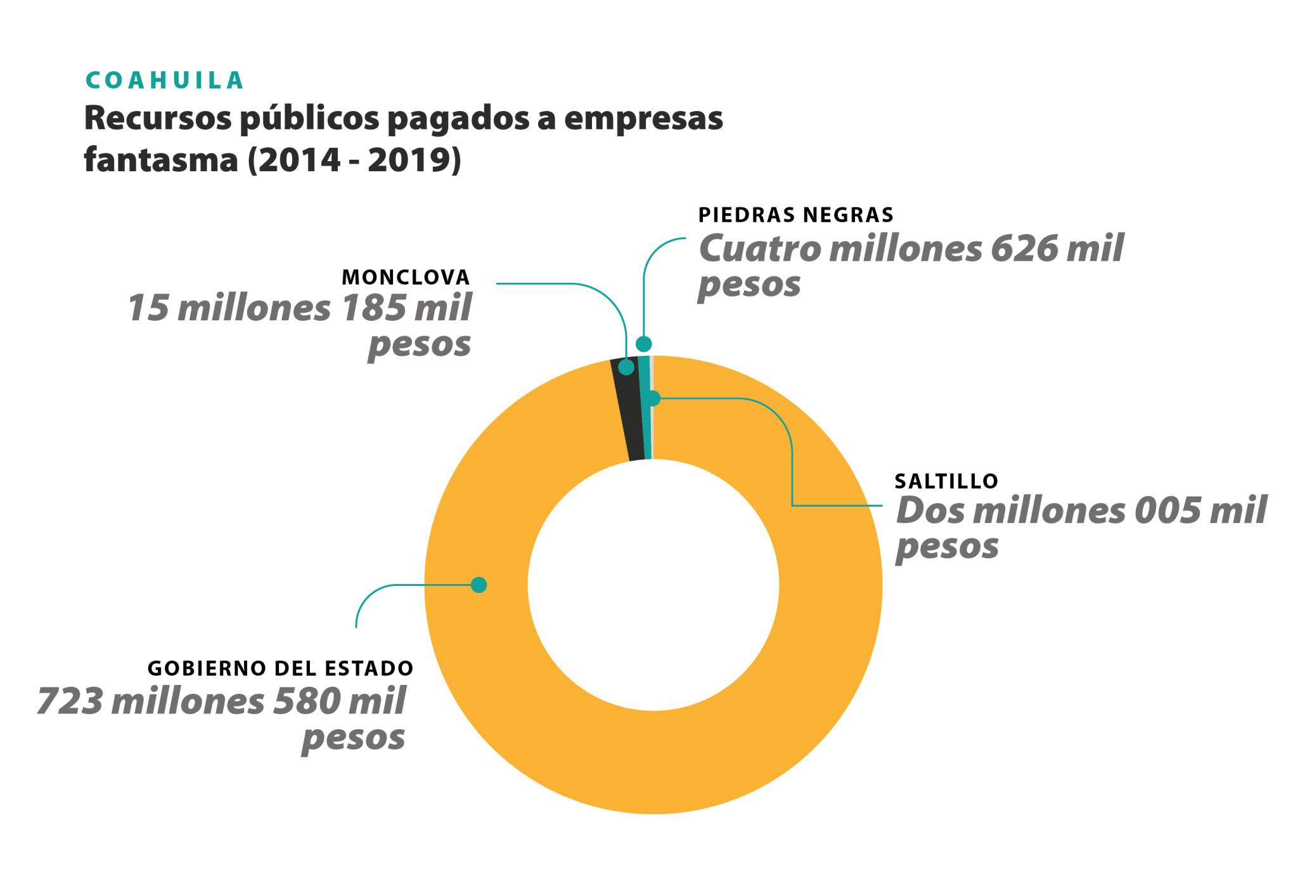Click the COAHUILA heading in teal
click(x=165, y=81)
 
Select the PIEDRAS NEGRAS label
click(x=795, y=215)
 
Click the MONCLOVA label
click(x=406, y=277)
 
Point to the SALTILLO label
click(x=946, y=481)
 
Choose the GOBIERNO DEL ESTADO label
click(x=280, y=668)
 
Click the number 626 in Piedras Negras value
click(x=1023, y=248)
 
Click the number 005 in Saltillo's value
click(x=1167, y=510)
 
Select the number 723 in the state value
click(x=69, y=701)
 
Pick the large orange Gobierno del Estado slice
click(x=653, y=761)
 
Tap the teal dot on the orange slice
click(x=479, y=585)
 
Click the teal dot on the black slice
click(x=626, y=367)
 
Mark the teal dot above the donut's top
click(x=644, y=344)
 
